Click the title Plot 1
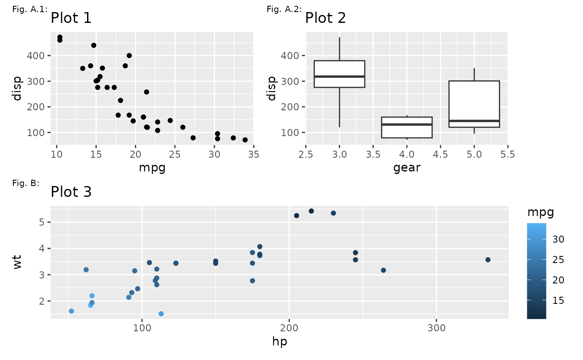pos(71,18)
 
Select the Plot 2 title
pos(326,18)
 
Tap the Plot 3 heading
pos(71,192)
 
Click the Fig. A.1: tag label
pos(30,9)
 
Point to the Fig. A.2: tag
pos(284,9)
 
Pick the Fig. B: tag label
pos(26,183)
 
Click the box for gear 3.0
pos(339,74)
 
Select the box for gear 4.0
pos(407,127)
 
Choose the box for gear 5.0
pos(474,104)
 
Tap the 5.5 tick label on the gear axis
pos(508,154)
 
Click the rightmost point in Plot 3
pos(488,260)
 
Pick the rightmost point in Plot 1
pos(245,140)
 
